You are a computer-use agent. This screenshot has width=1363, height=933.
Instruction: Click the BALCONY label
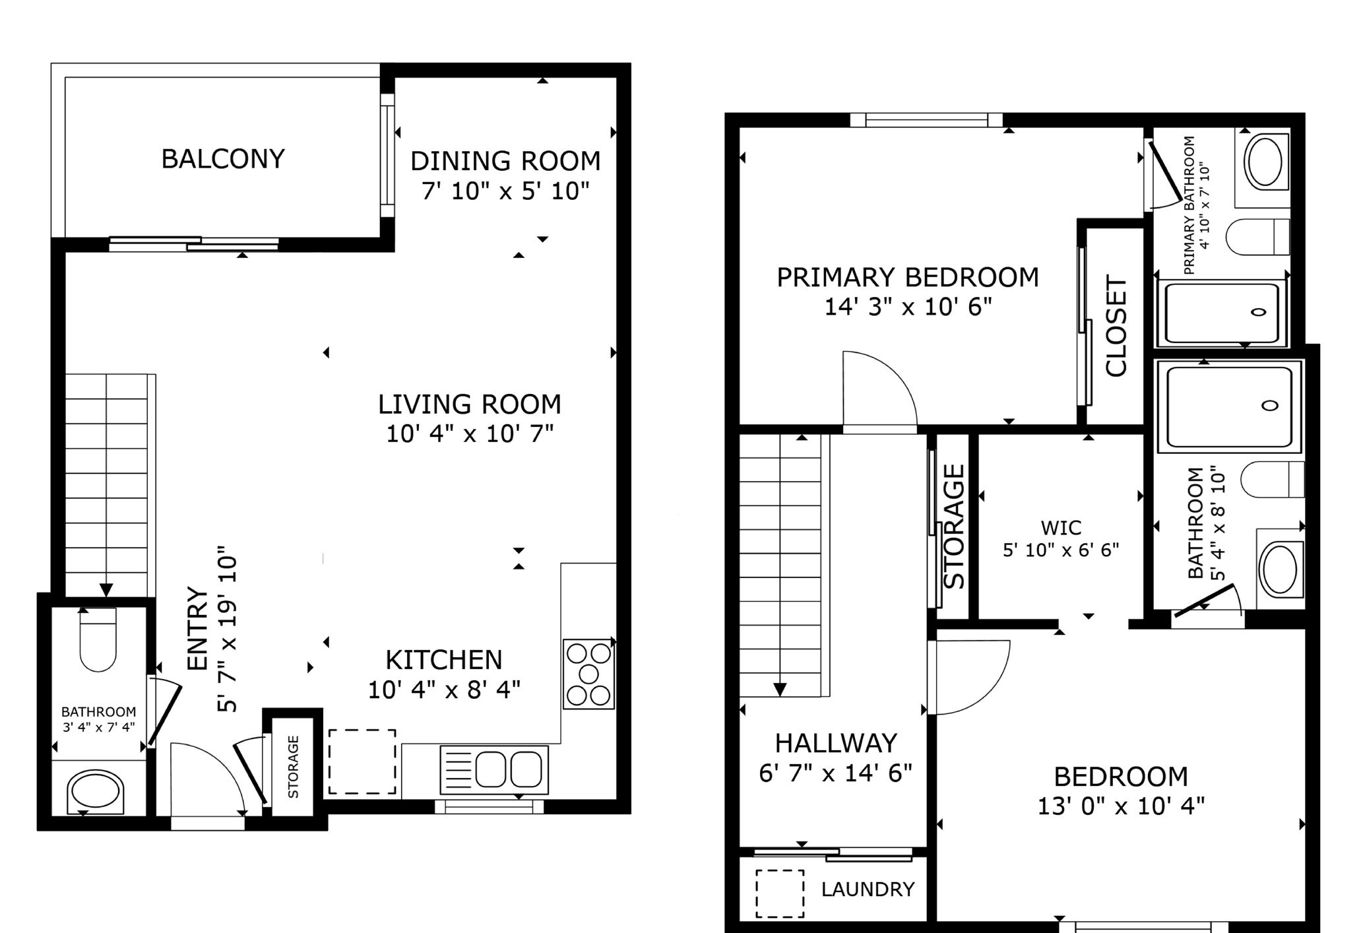click(x=223, y=159)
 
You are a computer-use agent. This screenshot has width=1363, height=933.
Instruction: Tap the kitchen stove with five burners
click(x=588, y=674)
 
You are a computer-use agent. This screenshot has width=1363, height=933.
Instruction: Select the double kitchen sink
click(x=494, y=769)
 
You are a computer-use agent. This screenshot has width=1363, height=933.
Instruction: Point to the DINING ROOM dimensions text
click(x=505, y=191)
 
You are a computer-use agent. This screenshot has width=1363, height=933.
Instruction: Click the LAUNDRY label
click(x=868, y=889)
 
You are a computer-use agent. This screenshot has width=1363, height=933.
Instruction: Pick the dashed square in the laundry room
click(x=780, y=893)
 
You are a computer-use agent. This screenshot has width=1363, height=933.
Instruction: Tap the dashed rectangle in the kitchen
click(x=362, y=761)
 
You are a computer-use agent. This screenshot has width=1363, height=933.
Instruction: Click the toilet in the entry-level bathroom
click(x=98, y=639)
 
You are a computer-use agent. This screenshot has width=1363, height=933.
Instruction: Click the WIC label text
click(x=1061, y=528)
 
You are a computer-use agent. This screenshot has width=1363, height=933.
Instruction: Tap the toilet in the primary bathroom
click(x=1257, y=236)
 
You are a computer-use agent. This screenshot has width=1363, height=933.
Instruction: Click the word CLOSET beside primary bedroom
click(x=1116, y=327)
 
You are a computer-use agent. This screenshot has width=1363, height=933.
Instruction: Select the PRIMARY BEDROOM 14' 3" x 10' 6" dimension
click(x=908, y=307)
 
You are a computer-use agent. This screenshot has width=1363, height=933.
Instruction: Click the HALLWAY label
click(x=836, y=744)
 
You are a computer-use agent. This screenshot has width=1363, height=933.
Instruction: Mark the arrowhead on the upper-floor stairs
click(x=780, y=690)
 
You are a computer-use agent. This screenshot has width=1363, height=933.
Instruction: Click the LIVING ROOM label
click(x=469, y=404)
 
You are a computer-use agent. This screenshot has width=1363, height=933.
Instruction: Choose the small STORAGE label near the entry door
click(x=294, y=767)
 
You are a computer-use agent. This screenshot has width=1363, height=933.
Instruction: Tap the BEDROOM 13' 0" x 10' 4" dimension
click(x=1121, y=806)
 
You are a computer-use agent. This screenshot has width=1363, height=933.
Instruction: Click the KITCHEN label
click(x=444, y=660)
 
